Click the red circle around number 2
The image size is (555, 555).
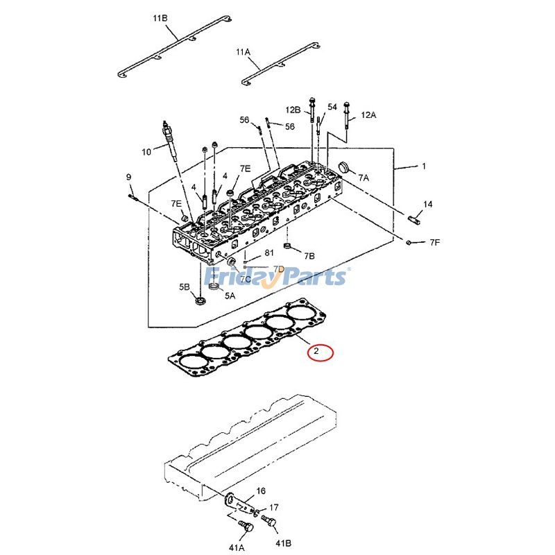point(321,352)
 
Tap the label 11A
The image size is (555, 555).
point(242,52)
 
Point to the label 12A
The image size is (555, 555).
point(368,114)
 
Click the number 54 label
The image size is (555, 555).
point(332,107)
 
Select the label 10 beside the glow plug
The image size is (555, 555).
point(146,152)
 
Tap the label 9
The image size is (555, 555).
point(128,178)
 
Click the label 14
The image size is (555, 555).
point(427,204)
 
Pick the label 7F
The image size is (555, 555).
point(434,242)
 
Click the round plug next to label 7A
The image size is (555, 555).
point(342,167)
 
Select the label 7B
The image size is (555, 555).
point(309,256)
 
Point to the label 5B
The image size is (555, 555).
point(184,287)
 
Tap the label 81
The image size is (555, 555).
point(269,253)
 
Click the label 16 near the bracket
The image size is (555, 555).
point(261,490)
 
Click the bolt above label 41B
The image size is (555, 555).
point(272,522)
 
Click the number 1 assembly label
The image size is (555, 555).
point(424,166)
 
